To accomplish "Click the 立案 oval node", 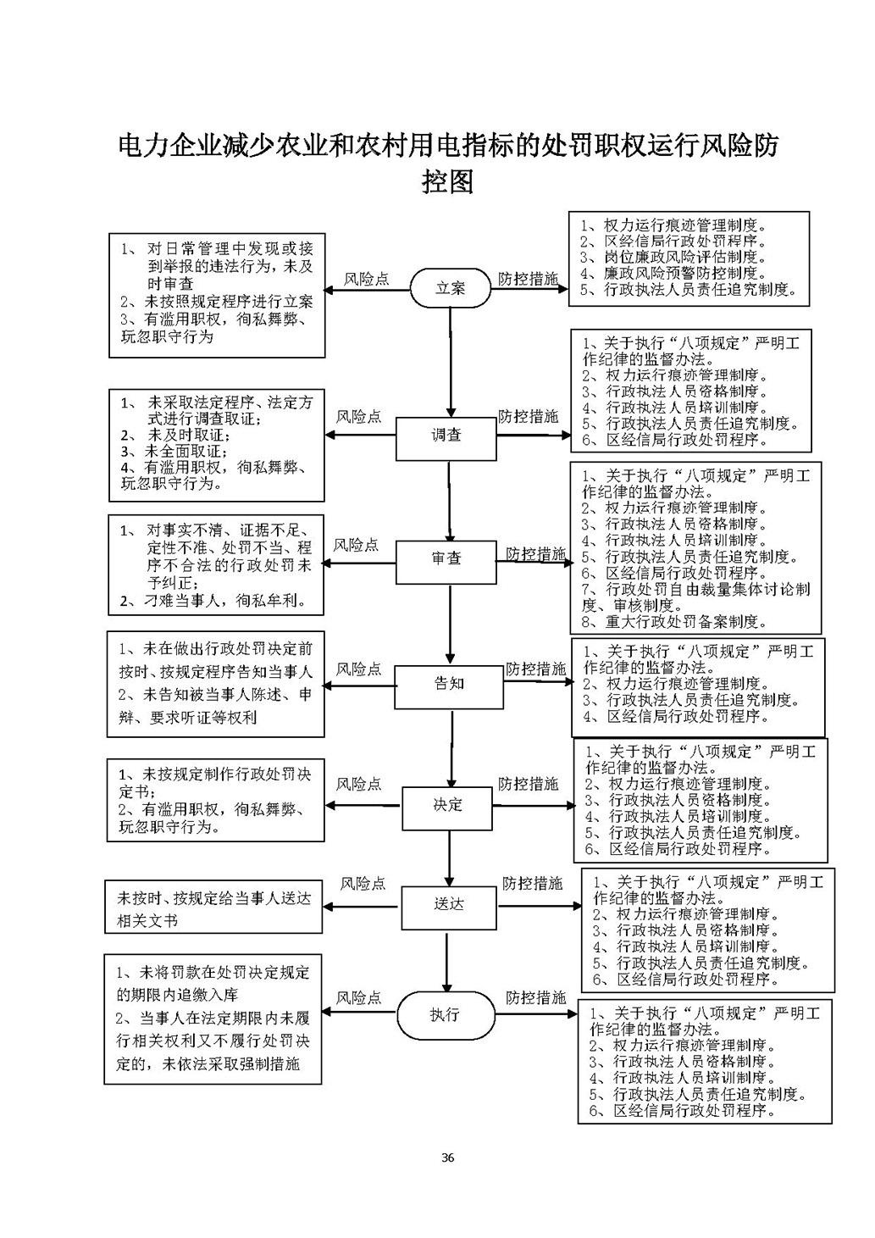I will click(x=451, y=288).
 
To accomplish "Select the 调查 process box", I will click(x=446, y=436).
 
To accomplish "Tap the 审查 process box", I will click(x=446, y=559).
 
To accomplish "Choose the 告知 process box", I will click(x=449, y=684).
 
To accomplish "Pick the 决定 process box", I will click(x=447, y=805).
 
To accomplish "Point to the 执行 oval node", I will click(x=445, y=1014).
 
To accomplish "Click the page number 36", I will click(x=448, y=1158).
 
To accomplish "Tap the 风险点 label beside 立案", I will click(x=367, y=279).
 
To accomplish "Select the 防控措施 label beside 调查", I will click(x=528, y=416).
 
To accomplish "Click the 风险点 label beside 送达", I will click(x=363, y=884).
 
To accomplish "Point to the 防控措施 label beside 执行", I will click(x=535, y=997).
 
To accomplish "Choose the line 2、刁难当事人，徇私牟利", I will click(x=211, y=602).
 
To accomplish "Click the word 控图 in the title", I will click(x=446, y=180).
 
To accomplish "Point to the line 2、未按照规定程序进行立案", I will click(x=216, y=302).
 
